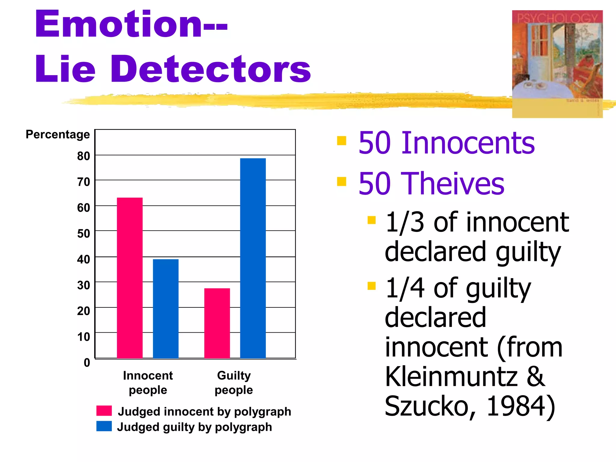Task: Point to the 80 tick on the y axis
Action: pos(84,156)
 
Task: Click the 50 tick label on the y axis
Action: pos(84,234)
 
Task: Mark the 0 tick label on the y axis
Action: pos(87,363)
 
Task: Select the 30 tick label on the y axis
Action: pos(84,285)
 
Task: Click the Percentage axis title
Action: pos(58,134)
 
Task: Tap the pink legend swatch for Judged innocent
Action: pos(104,411)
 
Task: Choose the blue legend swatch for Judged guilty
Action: pos(104,426)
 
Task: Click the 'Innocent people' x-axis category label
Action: pos(148,383)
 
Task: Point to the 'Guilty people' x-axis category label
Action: pos(234,383)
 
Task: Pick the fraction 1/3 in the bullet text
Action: pos(405,222)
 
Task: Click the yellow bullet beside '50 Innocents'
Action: pos(342,141)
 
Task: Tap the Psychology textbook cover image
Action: pos(557,64)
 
